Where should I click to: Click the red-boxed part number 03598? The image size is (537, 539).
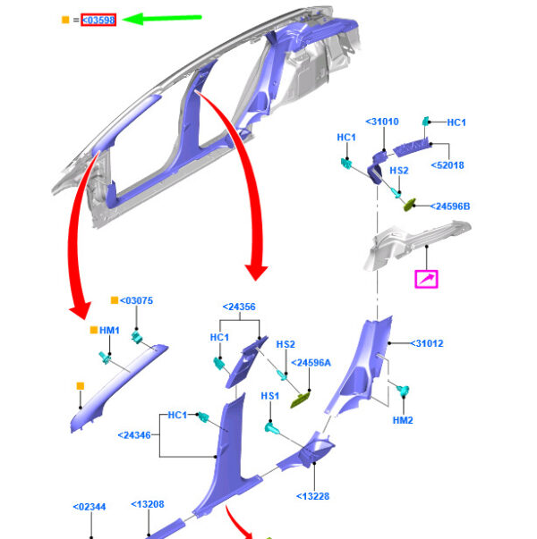[x=98, y=20]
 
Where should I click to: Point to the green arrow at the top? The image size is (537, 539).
[x=162, y=18]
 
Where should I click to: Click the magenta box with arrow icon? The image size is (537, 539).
[x=426, y=279]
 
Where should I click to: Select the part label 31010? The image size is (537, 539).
[x=382, y=122]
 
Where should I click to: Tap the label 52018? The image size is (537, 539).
[x=447, y=165]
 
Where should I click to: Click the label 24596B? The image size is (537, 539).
[x=450, y=206]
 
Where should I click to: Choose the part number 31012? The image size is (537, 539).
[x=427, y=343]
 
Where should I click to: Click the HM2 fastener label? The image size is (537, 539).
[x=403, y=420]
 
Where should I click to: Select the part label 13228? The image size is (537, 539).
[x=313, y=496]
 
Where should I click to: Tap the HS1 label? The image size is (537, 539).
[x=270, y=396]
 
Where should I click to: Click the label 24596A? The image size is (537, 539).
[x=311, y=363]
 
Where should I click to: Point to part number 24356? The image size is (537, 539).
[x=239, y=307]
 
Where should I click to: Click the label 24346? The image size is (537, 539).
[x=134, y=435]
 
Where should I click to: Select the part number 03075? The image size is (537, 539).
[x=136, y=300]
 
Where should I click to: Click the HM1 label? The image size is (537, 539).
[x=109, y=331]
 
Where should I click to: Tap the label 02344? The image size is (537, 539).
[x=89, y=507]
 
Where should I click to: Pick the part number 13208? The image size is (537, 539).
[x=148, y=504]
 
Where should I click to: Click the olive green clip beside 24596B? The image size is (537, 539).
[x=409, y=205]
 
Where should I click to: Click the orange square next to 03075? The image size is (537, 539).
[x=115, y=300]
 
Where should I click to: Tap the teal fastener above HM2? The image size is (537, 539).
[x=402, y=391]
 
